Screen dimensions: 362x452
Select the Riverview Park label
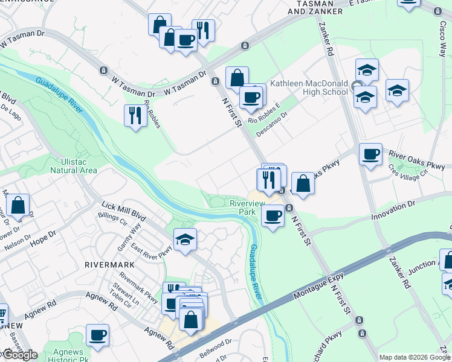[x=247, y=208]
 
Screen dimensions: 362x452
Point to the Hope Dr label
[x=44, y=235]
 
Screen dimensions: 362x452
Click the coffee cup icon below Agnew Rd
[x=97, y=335]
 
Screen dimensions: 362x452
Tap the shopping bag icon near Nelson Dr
[x=18, y=205]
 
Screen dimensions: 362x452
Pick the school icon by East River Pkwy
[x=185, y=240]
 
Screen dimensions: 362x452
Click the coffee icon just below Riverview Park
[x=273, y=215]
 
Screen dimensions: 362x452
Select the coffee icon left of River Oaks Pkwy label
[x=370, y=153]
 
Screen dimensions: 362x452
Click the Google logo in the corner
[x=20, y=355]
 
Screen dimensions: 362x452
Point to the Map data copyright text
[x=415, y=357]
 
